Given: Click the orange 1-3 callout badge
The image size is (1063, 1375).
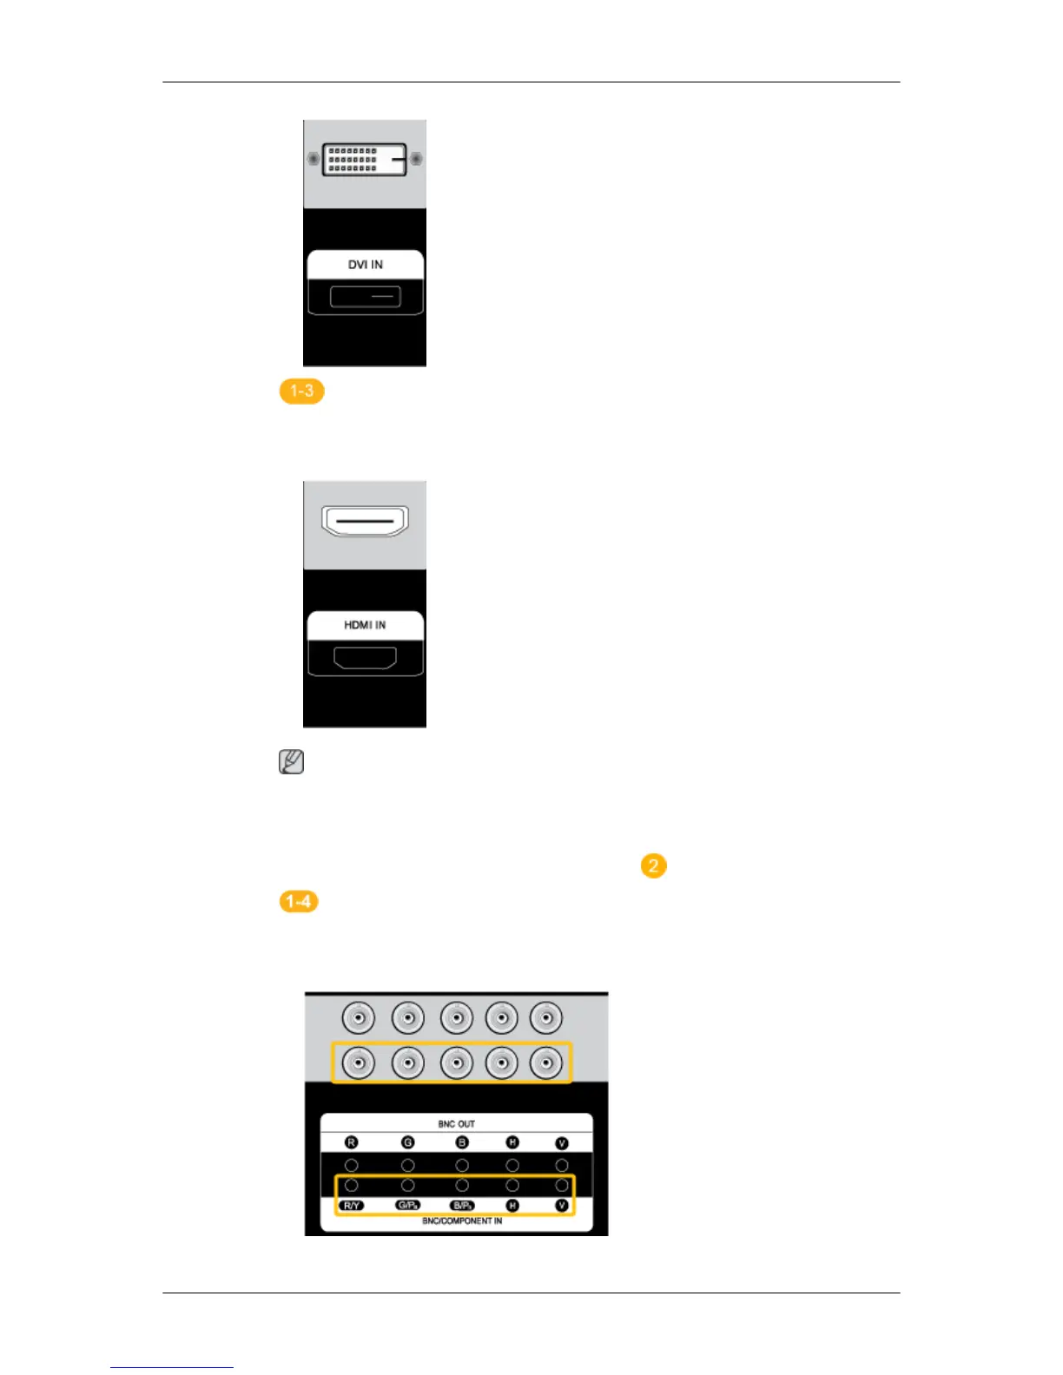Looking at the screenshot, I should click(301, 391).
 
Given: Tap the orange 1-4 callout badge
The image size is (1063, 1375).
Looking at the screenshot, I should click(298, 902).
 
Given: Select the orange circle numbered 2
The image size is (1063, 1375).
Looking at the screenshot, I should click(653, 866).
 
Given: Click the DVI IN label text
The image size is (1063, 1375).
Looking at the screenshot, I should click(366, 265).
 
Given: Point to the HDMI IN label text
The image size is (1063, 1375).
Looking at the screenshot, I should click(365, 625).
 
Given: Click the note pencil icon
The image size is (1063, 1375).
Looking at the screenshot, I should click(291, 762).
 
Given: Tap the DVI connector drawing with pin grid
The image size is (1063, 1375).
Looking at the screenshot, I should click(365, 160).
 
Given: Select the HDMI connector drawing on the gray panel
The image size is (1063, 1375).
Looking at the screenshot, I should click(365, 521).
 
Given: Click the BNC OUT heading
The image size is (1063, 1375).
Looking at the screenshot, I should click(456, 1124).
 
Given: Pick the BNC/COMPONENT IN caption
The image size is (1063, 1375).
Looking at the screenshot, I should click(462, 1220).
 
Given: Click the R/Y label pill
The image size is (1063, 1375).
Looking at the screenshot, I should click(352, 1206).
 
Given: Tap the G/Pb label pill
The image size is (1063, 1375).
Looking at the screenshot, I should click(407, 1206).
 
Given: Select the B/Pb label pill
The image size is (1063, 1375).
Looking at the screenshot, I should click(462, 1206).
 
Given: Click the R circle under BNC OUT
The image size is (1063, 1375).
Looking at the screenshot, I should click(352, 1143).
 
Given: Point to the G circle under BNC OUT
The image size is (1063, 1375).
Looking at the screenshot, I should click(407, 1143).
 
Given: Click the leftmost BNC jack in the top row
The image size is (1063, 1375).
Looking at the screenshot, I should click(359, 1017).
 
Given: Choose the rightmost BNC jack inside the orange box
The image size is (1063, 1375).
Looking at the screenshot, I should click(546, 1062).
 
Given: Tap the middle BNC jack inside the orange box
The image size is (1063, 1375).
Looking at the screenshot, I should click(456, 1062).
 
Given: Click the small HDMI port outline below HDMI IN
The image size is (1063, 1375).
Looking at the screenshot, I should click(366, 658).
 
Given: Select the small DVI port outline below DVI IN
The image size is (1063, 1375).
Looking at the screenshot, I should click(366, 297).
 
